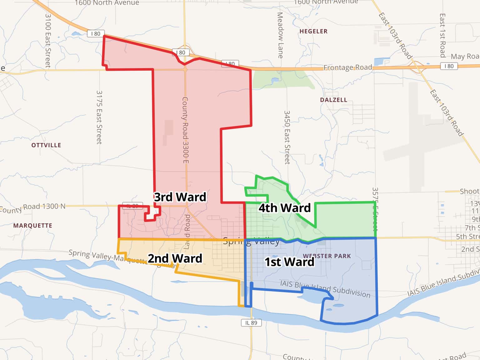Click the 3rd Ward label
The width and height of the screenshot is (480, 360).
click(x=180, y=197)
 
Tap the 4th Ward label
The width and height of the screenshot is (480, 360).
click(x=284, y=208)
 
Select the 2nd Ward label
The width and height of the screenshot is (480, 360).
click(x=175, y=258)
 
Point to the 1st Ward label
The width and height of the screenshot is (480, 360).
click(x=289, y=262)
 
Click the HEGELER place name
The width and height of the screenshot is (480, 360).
click(x=313, y=31)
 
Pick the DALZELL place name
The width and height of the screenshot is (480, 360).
click(x=333, y=100)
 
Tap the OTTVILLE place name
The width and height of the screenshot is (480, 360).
click(x=46, y=145)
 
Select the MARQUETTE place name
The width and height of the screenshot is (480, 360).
click(x=32, y=225)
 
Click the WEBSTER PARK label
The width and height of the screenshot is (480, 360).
click(x=327, y=256)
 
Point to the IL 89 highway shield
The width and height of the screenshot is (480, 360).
click(x=251, y=323)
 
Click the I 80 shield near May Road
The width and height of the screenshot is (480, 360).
click(x=449, y=66)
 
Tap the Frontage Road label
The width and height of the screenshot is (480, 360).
click(x=347, y=67)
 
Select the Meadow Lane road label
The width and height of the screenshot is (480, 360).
click(x=280, y=35)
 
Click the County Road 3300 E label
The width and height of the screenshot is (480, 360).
click(x=185, y=130)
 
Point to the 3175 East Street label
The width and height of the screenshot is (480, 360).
click(x=99, y=117)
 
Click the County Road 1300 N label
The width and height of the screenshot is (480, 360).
click(x=33, y=207)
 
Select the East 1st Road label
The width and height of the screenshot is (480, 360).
click(x=442, y=35)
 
